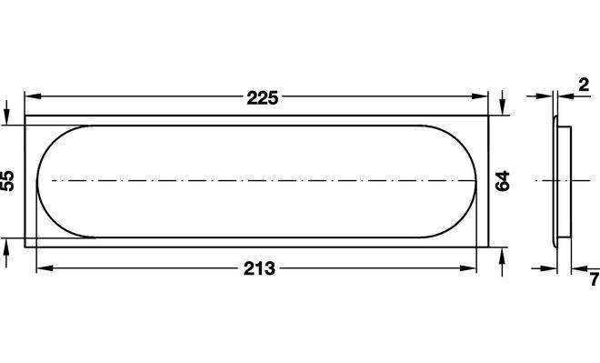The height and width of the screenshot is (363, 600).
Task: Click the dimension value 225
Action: click(x=262, y=98)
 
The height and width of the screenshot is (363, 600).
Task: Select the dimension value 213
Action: click(x=259, y=268)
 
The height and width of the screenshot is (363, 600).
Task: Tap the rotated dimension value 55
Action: click(x=7, y=181)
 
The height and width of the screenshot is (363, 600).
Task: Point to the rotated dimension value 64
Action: click(x=503, y=181)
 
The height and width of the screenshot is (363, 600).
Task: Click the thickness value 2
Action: click(x=584, y=85)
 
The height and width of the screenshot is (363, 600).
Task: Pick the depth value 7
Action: click(x=595, y=279)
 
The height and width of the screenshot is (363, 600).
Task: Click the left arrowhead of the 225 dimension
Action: click(x=33, y=96)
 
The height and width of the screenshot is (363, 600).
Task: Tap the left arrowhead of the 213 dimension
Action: click(x=45, y=268)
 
